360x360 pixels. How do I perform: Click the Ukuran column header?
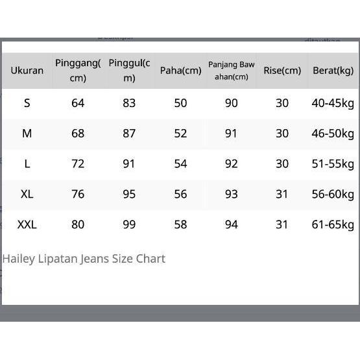click(27, 71)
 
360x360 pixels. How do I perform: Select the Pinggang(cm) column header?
click(78, 70)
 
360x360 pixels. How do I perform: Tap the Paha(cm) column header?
click(180, 71)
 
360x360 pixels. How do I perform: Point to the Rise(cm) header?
click(282, 71)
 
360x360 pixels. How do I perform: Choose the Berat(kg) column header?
click(333, 71)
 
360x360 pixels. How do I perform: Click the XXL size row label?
click(27, 224)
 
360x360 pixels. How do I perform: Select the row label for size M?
click(27, 133)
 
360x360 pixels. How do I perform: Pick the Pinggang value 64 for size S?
click(78, 103)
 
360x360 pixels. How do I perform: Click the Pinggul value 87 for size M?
click(129, 133)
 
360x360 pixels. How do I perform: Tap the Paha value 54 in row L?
click(180, 163)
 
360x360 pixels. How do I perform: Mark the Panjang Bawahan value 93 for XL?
click(232, 194)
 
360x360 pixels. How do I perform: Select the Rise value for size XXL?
click(282, 224)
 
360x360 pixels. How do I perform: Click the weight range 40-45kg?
click(333, 103)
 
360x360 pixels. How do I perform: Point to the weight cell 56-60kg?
click(333, 194)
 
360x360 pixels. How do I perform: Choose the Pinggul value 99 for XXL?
click(129, 224)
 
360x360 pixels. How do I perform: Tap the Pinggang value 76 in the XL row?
click(78, 194)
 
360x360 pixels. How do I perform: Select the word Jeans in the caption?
click(95, 259)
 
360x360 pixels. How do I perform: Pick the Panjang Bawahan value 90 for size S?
click(232, 103)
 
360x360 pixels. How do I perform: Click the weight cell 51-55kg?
click(333, 163)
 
